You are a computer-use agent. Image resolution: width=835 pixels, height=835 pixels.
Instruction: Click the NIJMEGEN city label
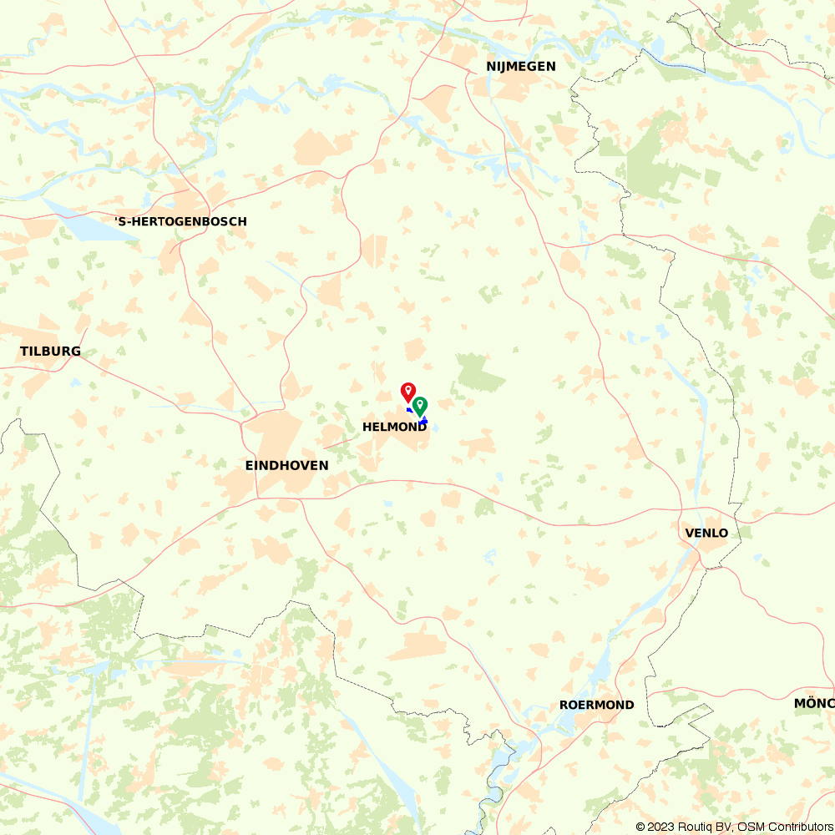pyautogui.click(x=521, y=67)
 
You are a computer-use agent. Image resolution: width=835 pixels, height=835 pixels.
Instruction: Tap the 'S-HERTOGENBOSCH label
pyautogui.click(x=180, y=222)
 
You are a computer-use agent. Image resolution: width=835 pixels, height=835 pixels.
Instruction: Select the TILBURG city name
pyautogui.click(x=50, y=352)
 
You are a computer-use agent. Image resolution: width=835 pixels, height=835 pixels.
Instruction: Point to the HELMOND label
pyautogui.click(x=394, y=428)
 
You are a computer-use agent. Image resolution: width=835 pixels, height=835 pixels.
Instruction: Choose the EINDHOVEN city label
pyautogui.click(x=286, y=465)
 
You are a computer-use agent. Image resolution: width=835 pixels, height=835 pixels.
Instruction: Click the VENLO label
pyautogui.click(x=706, y=533)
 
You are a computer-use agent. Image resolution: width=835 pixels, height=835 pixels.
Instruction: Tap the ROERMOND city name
pyautogui.click(x=596, y=706)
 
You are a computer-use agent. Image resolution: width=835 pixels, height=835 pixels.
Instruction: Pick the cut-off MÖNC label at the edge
pyautogui.click(x=814, y=704)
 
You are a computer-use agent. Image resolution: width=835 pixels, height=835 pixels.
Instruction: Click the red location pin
pyautogui.click(x=408, y=391)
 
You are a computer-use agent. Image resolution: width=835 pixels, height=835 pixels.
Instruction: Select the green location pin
pyautogui.click(x=420, y=405)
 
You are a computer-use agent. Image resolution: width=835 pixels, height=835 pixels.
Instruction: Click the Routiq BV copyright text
pyautogui.click(x=690, y=827)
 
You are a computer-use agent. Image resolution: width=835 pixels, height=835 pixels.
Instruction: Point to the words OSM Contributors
pyautogui.click(x=785, y=827)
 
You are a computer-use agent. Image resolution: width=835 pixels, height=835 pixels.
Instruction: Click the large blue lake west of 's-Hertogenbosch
pyautogui.click(x=88, y=221)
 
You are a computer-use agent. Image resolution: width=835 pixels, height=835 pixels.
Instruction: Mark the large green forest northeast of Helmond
pyautogui.click(x=480, y=373)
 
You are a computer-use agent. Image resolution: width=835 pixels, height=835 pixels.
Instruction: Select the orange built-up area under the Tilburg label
pyautogui.click(x=38, y=380)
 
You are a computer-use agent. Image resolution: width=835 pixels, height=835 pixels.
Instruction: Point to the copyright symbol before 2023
pyautogui.click(x=640, y=827)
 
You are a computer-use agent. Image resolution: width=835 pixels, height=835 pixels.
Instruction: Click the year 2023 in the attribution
pyautogui.click(x=660, y=827)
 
